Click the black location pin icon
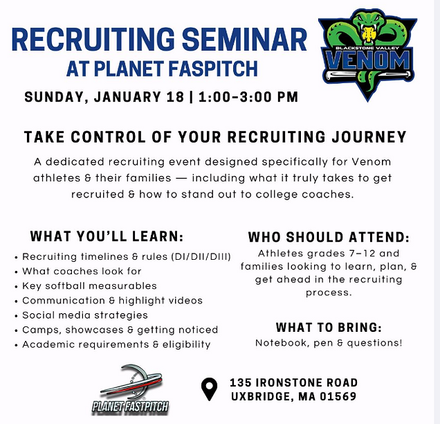click(x=208, y=390)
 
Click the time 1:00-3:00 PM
click(x=248, y=96)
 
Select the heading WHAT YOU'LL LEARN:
click(x=107, y=236)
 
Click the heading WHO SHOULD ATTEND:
click(x=327, y=236)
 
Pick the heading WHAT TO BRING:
click(x=329, y=327)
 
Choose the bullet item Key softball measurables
click(x=89, y=285)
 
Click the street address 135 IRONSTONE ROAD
click(x=294, y=382)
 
